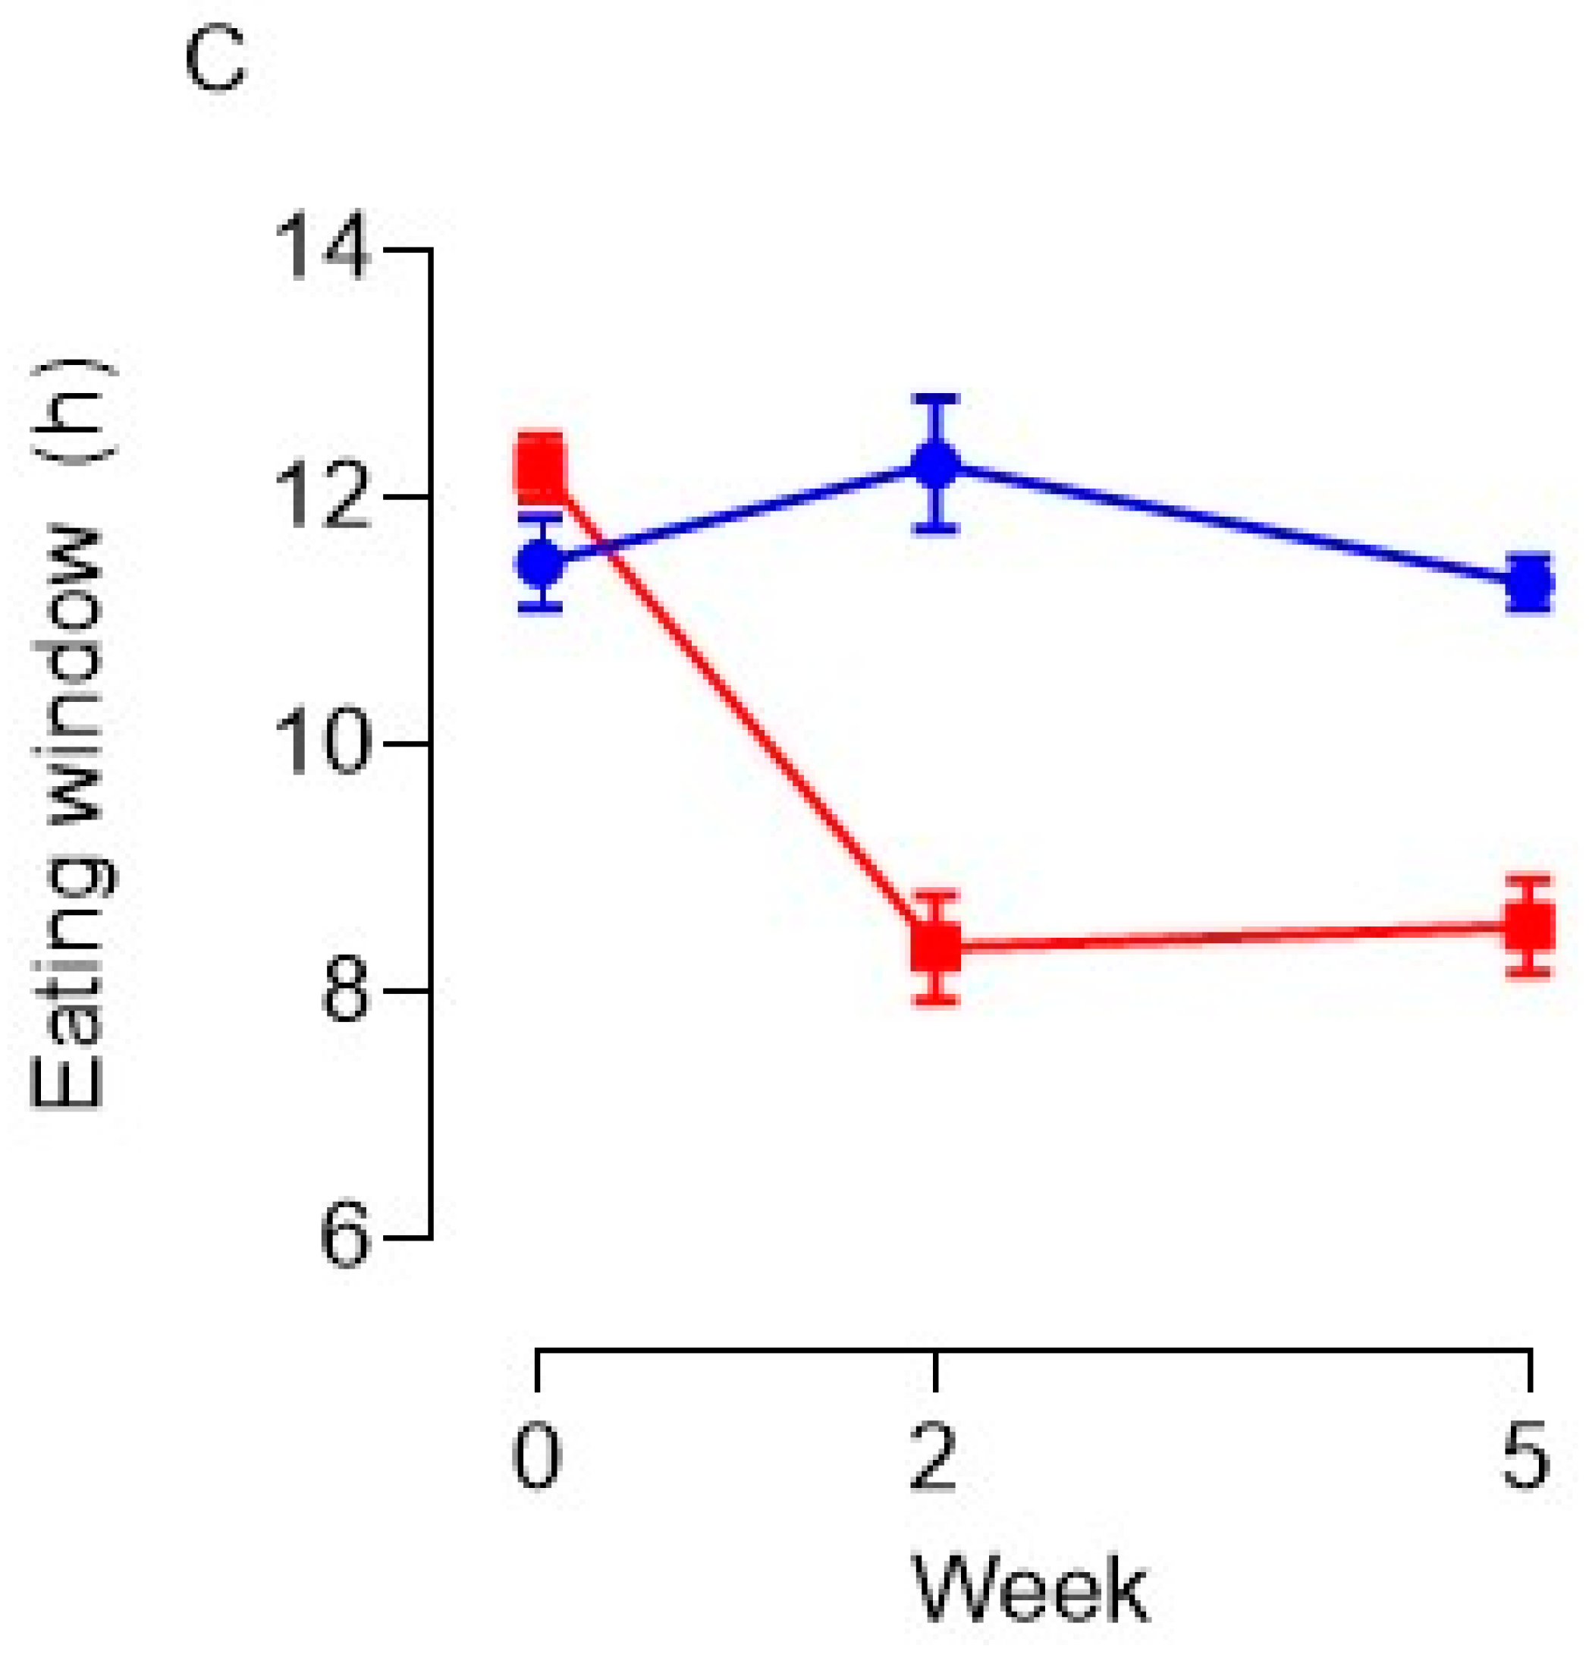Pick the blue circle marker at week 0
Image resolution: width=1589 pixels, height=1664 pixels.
[x=540, y=561]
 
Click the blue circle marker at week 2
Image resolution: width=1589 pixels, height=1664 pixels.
[x=935, y=464]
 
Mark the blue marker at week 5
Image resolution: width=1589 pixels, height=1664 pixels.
[x=1530, y=583]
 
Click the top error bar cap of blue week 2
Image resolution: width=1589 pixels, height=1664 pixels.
[x=935, y=397]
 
